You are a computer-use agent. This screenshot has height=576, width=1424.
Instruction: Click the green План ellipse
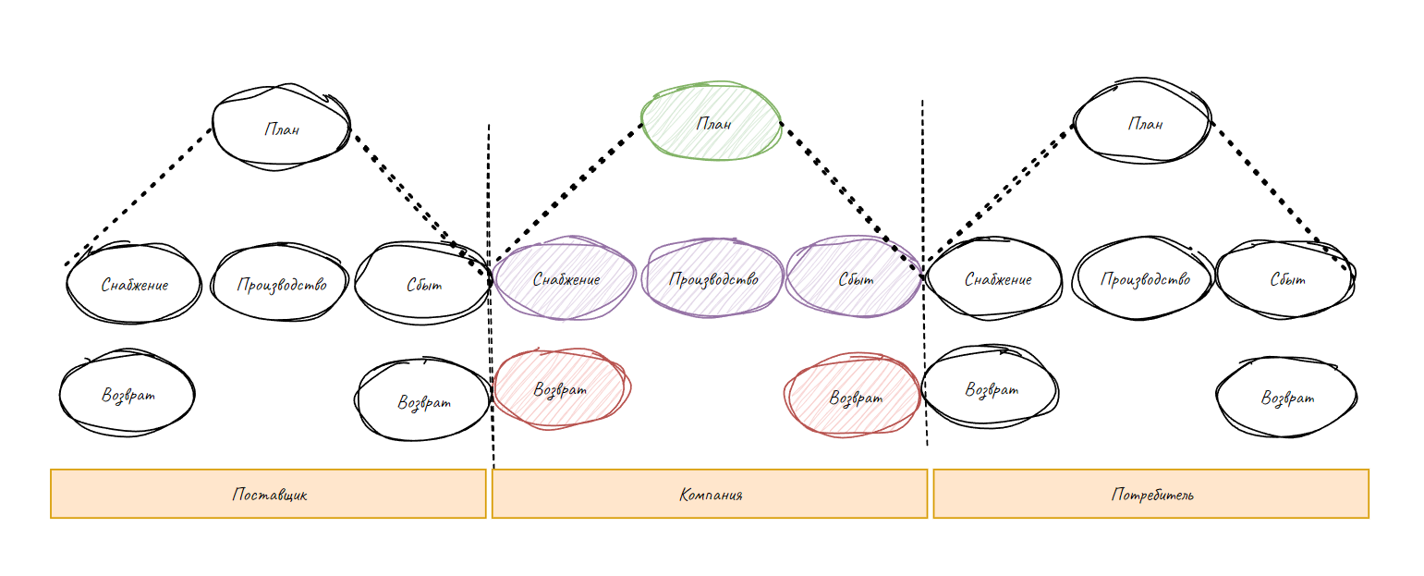712,123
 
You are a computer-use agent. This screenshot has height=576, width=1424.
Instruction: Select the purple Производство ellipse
713,278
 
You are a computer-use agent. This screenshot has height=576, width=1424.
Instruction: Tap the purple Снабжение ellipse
566,278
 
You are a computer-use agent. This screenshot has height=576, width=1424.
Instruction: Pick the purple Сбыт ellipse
855,278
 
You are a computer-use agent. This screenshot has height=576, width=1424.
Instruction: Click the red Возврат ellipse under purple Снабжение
561,389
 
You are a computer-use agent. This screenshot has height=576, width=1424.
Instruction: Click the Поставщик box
268,494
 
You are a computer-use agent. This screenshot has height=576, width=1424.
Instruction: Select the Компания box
710,494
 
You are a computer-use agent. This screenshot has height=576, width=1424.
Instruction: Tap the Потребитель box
1150,494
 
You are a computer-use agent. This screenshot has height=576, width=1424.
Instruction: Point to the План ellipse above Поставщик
281,128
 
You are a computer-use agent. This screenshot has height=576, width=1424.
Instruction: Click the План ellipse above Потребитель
1144,123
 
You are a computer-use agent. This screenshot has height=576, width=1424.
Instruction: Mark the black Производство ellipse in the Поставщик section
280,284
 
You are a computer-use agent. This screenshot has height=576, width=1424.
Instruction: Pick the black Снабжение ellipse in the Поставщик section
134,284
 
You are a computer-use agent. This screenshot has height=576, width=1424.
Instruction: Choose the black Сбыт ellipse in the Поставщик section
423,284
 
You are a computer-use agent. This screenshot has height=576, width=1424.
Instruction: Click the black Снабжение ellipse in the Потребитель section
996,278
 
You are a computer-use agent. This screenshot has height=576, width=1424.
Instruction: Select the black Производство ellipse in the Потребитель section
1144,278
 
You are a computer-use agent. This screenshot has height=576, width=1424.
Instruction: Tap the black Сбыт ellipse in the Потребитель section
1285,278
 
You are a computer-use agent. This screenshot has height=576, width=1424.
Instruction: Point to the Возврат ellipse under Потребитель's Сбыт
1286,398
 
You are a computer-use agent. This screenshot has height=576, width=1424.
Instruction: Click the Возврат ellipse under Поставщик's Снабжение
128,395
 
